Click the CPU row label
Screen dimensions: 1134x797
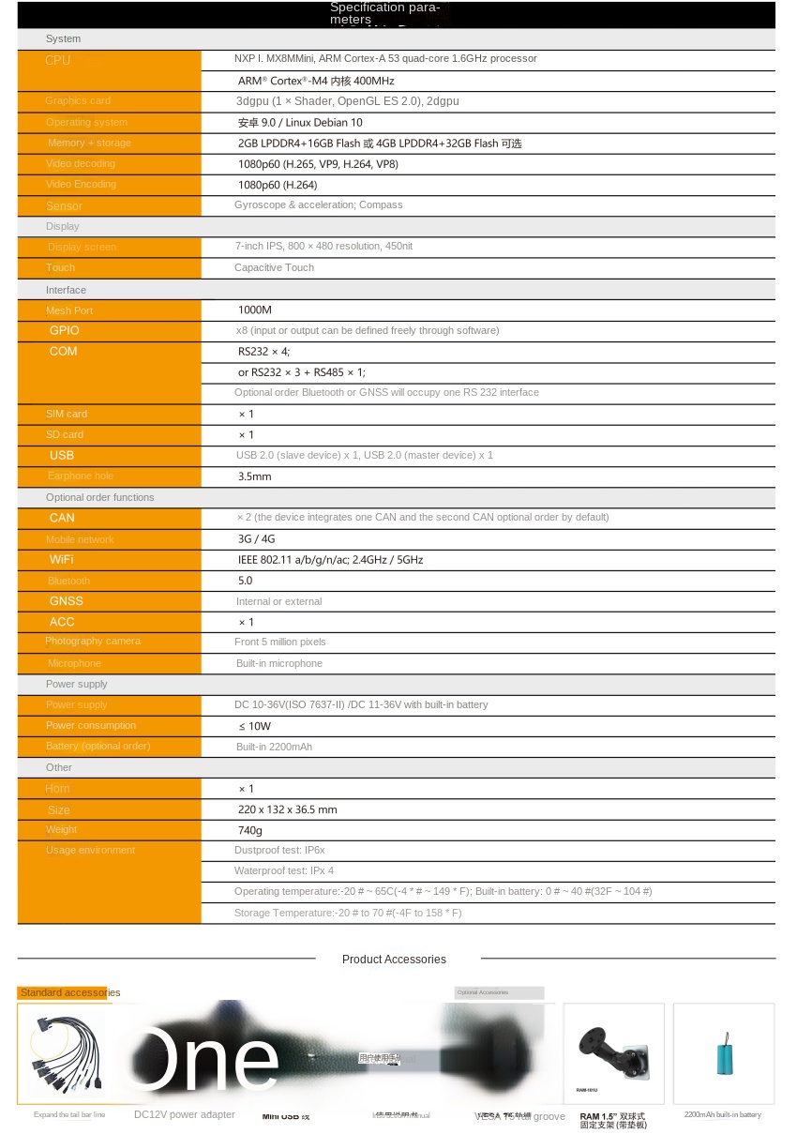click(58, 60)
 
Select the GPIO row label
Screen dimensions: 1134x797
click(65, 330)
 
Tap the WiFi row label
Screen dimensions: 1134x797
click(62, 559)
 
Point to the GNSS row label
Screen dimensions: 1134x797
click(67, 600)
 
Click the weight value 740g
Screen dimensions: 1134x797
click(250, 830)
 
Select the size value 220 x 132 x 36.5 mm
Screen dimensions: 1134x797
click(287, 809)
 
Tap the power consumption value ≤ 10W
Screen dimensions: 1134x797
click(254, 726)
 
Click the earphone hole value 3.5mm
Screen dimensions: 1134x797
click(254, 476)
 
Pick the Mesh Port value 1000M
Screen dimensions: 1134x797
click(254, 310)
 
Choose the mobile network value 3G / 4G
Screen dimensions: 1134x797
click(256, 538)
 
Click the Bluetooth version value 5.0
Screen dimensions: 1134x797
click(245, 581)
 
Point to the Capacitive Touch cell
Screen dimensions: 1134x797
click(274, 267)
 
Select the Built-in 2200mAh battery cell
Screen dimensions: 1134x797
click(274, 747)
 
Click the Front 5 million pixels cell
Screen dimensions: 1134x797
click(280, 642)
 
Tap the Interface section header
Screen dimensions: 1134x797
click(66, 290)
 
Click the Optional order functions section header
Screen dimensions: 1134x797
click(99, 497)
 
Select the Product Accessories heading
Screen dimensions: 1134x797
click(394, 959)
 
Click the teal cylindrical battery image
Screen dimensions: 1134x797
click(724, 1053)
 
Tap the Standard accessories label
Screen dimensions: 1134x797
click(70, 992)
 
